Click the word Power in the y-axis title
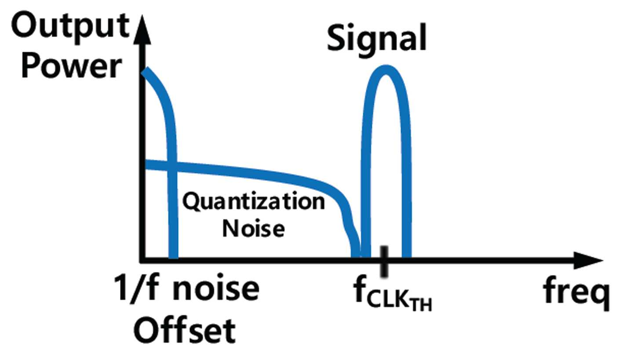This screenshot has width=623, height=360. [72, 68]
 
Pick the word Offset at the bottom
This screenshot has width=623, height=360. [185, 331]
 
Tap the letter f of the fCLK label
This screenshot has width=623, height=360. [360, 291]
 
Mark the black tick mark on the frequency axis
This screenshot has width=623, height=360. [384, 261]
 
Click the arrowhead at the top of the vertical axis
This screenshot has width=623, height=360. [142, 29]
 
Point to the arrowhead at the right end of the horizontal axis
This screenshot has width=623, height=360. [588, 261]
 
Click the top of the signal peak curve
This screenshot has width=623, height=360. [386, 69]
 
